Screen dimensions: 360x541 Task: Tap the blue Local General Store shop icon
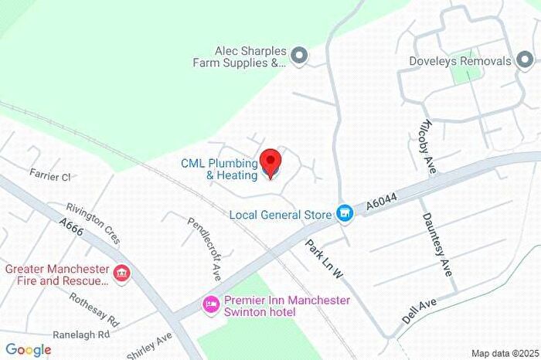pyautogui.click(x=345, y=212)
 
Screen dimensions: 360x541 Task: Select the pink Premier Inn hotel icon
pyautogui.click(x=210, y=305)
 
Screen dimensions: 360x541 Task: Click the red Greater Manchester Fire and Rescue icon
pyautogui.click(x=121, y=273)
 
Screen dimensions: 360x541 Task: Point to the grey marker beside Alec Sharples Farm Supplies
pyautogui.click(x=299, y=55)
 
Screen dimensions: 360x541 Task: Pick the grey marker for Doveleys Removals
pyautogui.click(x=525, y=61)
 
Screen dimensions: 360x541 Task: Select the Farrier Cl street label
pyautogui.click(x=50, y=177)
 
